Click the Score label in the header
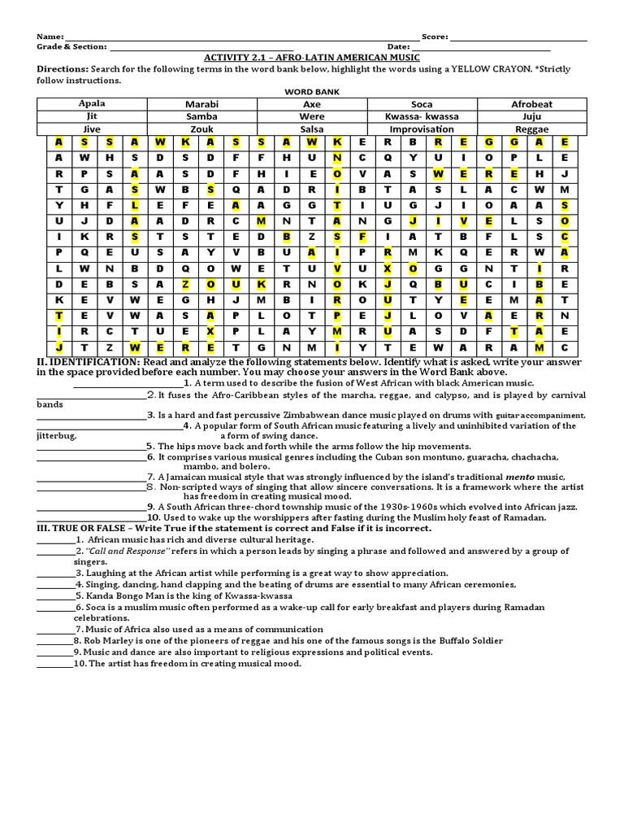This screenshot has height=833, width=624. click(x=435, y=37)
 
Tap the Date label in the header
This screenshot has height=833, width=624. click(x=399, y=47)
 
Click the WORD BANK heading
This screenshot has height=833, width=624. click(x=311, y=92)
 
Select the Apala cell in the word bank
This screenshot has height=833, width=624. click(x=92, y=104)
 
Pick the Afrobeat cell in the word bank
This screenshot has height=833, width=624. click(x=531, y=104)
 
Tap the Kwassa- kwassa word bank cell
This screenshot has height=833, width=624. click(x=422, y=116)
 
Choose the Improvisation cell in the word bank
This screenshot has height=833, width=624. click(x=422, y=129)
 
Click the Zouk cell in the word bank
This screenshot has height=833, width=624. click(x=201, y=129)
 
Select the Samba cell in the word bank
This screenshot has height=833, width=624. click(x=201, y=116)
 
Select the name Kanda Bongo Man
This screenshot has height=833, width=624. click(x=124, y=595)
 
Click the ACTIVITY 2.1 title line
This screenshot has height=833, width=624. click(x=311, y=58)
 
